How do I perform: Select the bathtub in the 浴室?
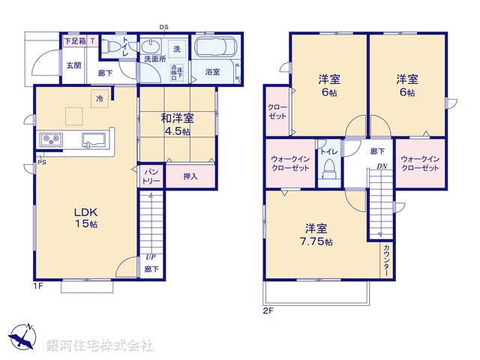coord(216,49)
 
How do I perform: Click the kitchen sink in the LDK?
coord(93,139)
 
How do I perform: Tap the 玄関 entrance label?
coord(73,65)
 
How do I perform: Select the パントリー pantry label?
coord(150,177)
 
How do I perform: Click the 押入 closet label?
coord(190,177)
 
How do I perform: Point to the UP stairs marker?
coord(151,256)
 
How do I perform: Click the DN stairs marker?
coord(382,166)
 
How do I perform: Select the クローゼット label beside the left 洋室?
coord(277,112)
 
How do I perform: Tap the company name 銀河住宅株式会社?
coord(99,346)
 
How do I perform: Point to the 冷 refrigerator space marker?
coord(100,97)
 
